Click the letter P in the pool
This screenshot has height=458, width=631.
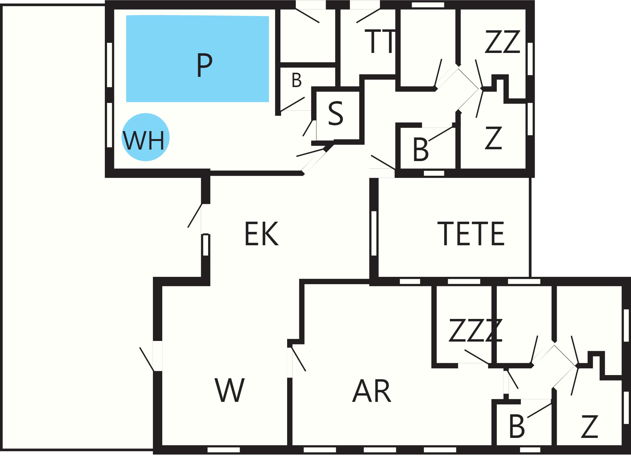(204, 65)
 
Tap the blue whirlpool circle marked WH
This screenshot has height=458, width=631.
(145, 137)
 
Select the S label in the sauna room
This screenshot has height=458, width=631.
(336, 113)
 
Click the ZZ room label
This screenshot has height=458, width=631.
(503, 42)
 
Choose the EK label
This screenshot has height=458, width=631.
(261, 234)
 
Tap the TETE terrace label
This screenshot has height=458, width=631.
(471, 234)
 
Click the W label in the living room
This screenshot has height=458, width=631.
(229, 390)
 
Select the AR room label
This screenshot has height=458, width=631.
(372, 391)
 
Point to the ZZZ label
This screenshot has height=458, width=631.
(475, 330)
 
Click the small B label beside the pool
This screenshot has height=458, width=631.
(297, 80)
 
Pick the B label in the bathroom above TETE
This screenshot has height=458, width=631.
(420, 149)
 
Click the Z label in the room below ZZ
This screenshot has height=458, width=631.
(493, 138)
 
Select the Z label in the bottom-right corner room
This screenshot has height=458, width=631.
(590, 426)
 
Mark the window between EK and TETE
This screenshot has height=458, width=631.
(374, 233)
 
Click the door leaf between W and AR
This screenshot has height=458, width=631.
(299, 359)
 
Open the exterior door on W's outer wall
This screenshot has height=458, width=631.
(147, 359)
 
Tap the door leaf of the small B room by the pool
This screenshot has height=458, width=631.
(293, 104)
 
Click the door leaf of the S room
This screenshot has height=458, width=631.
(308, 128)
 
